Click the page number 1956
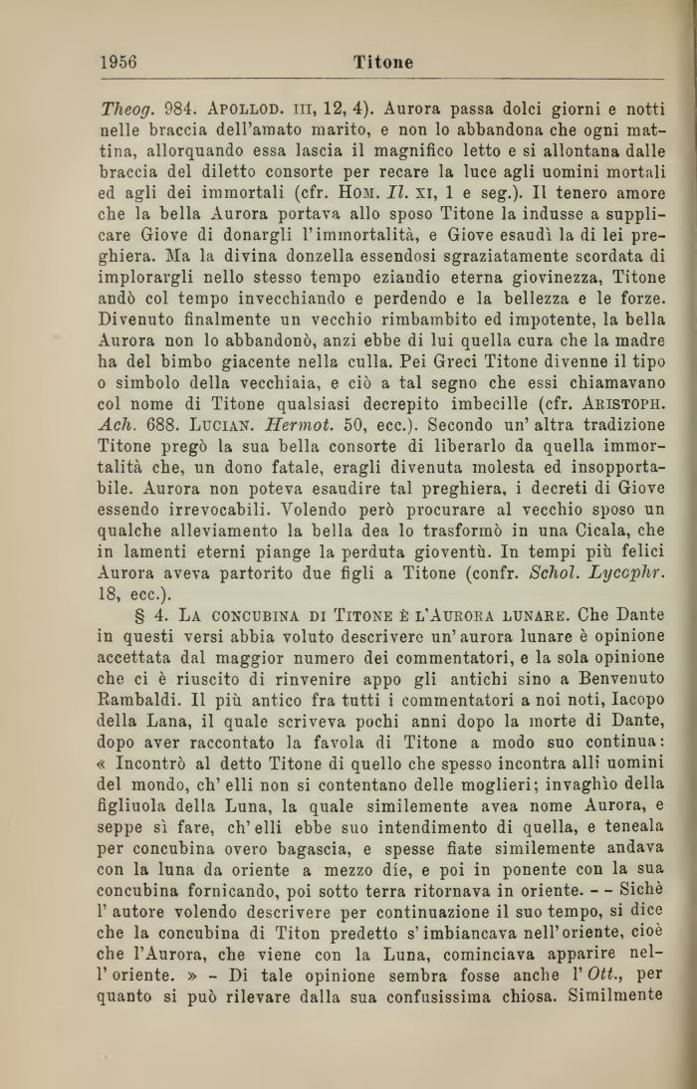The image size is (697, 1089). pos(118,61)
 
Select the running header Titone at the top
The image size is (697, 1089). pos(382,62)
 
